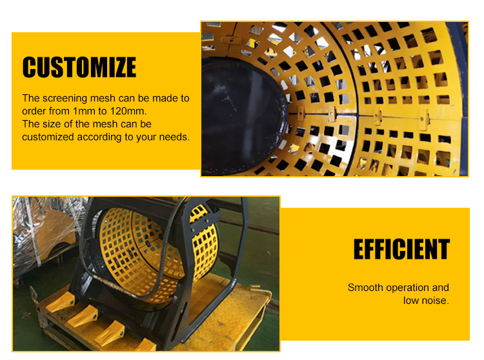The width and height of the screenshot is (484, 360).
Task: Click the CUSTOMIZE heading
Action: [79, 67]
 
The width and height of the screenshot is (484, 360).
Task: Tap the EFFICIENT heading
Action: [401, 248]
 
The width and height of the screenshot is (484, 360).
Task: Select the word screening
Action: [65, 99]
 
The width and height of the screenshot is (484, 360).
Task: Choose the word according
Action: [99, 137]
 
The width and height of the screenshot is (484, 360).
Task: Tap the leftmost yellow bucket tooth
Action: [61, 303]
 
